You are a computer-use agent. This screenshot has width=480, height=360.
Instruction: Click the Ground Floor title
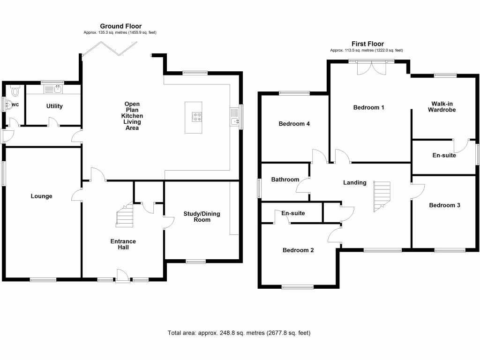tap(121, 26)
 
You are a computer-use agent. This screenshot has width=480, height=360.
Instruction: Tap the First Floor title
tap(367, 44)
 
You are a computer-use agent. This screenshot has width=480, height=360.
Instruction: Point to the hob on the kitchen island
tap(194, 118)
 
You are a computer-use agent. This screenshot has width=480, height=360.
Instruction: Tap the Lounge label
tap(41, 196)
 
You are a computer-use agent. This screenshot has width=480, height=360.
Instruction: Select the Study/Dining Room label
tap(202, 217)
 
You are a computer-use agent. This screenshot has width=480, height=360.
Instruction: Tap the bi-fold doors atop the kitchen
tap(110, 49)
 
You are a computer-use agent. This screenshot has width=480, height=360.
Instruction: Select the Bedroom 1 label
tap(368, 107)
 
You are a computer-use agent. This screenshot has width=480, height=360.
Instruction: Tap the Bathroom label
tap(285, 180)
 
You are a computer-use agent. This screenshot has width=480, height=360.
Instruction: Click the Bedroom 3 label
tap(444, 205)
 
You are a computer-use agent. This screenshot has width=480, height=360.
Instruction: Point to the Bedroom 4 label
tap(294, 124)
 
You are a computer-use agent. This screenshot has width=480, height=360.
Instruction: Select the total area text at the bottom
tap(239, 333)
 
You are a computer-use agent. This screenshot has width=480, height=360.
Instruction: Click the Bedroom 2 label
tap(298, 250)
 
